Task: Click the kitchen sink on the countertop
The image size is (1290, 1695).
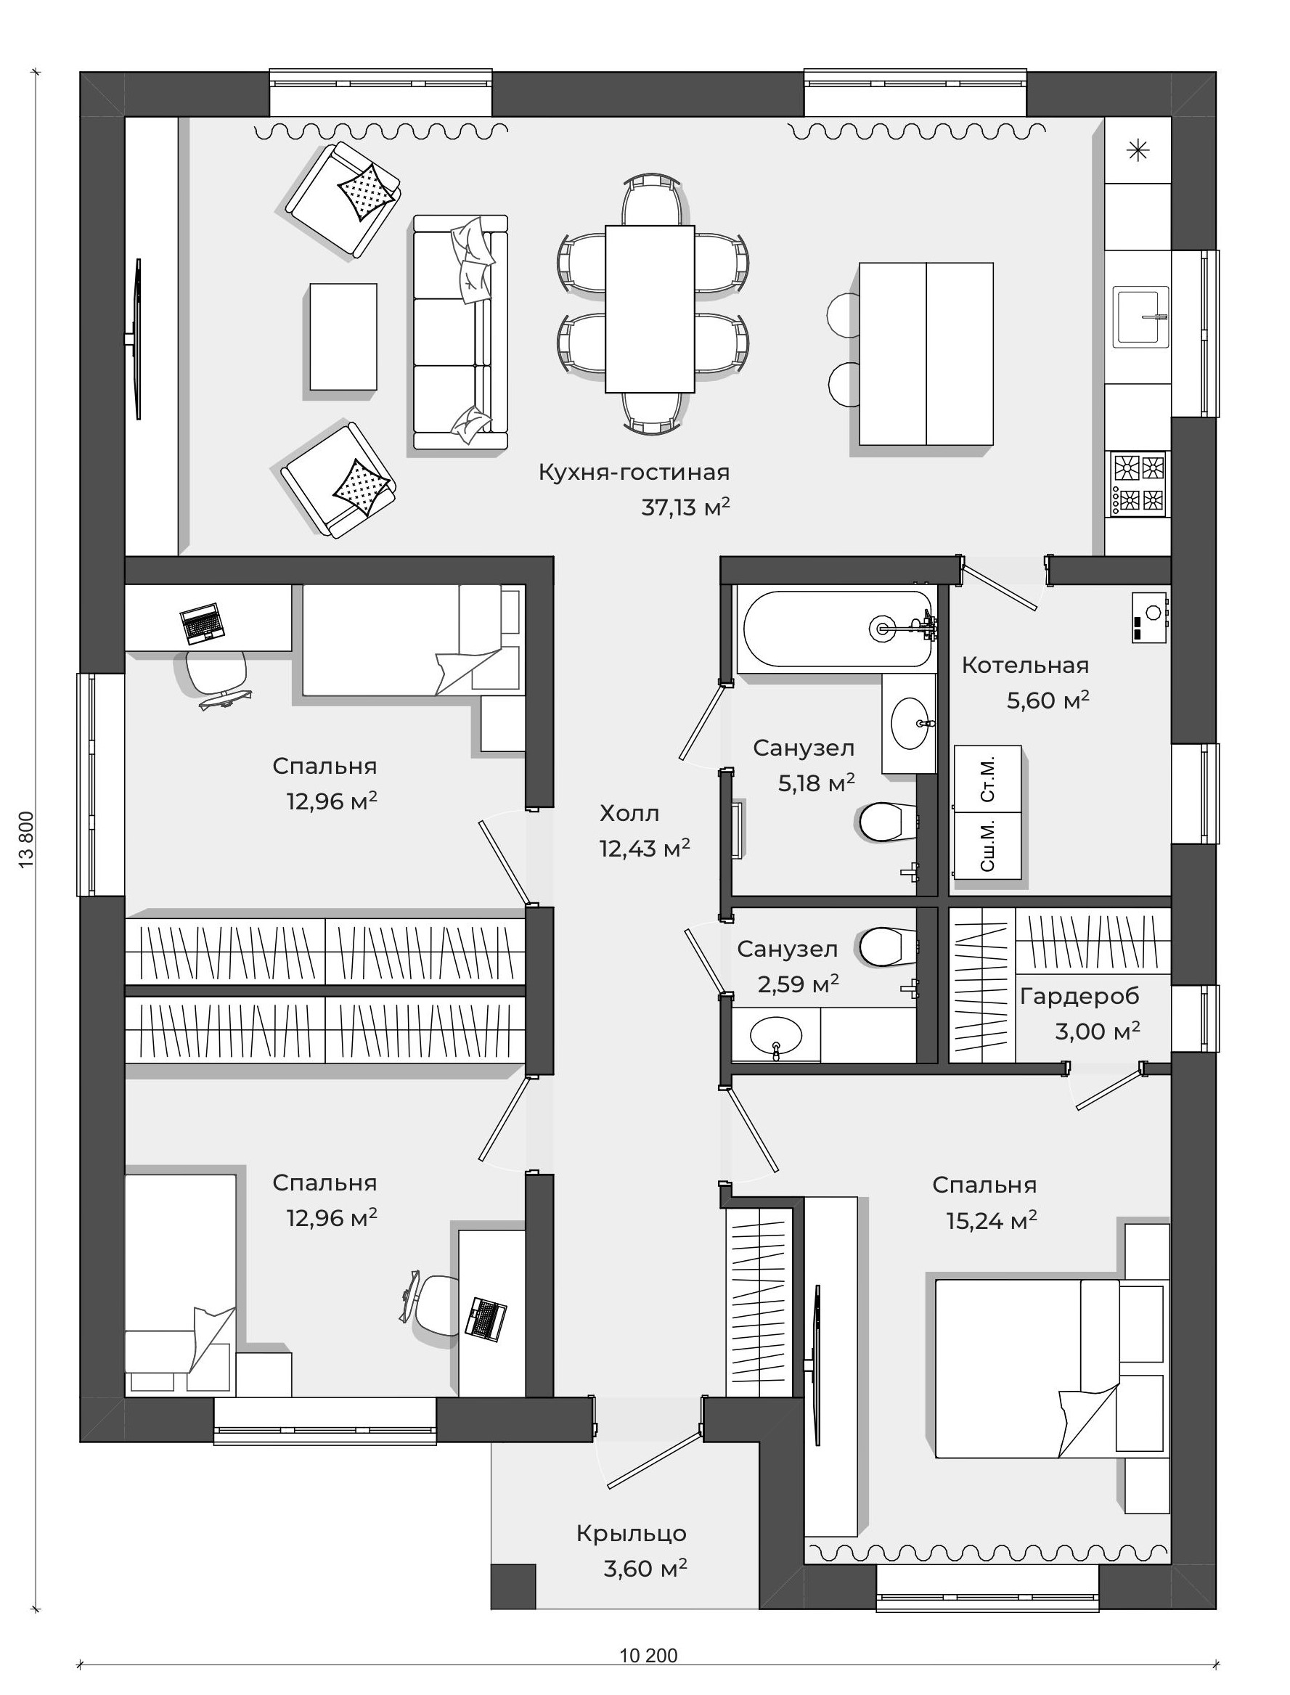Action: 1142,316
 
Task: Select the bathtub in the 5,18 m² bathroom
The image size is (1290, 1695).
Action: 838,629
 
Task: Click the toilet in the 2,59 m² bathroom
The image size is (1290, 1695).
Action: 889,947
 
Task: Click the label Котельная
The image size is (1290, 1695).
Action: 1025,665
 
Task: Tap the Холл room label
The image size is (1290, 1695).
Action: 629,813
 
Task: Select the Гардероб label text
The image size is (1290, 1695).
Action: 1079,997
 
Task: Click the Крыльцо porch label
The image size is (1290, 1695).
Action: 631,1533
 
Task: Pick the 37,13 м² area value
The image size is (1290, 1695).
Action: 686,507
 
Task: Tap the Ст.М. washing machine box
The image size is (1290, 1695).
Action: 987,778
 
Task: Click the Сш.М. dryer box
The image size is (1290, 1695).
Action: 987,845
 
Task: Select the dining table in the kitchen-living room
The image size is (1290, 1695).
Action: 650,309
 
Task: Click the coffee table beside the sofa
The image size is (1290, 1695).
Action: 343,336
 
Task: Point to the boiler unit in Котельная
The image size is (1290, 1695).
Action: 1149,617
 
